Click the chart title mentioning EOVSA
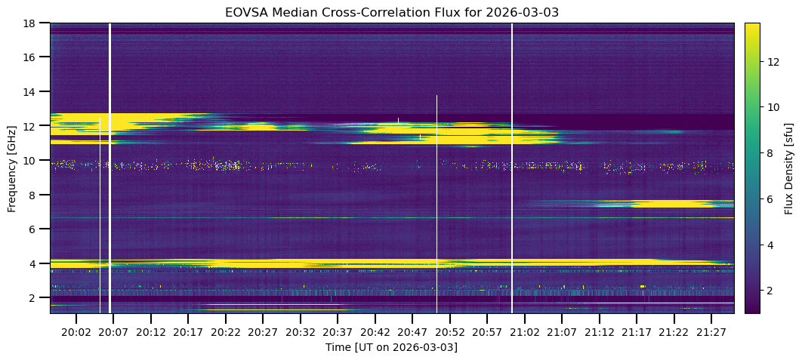click(x=391, y=12)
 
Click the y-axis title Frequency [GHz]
click(x=12, y=168)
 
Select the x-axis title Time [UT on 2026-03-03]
click(x=391, y=347)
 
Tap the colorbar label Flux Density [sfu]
click(x=789, y=168)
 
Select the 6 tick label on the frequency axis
click(x=32, y=229)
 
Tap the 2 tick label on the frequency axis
click(x=32, y=297)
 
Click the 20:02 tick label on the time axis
click(x=76, y=331)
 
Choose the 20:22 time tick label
click(x=225, y=331)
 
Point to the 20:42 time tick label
click(x=375, y=331)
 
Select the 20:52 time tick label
click(x=449, y=331)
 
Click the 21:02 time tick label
click(x=524, y=331)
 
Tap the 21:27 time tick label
click(x=711, y=331)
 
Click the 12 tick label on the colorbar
click(x=773, y=62)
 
